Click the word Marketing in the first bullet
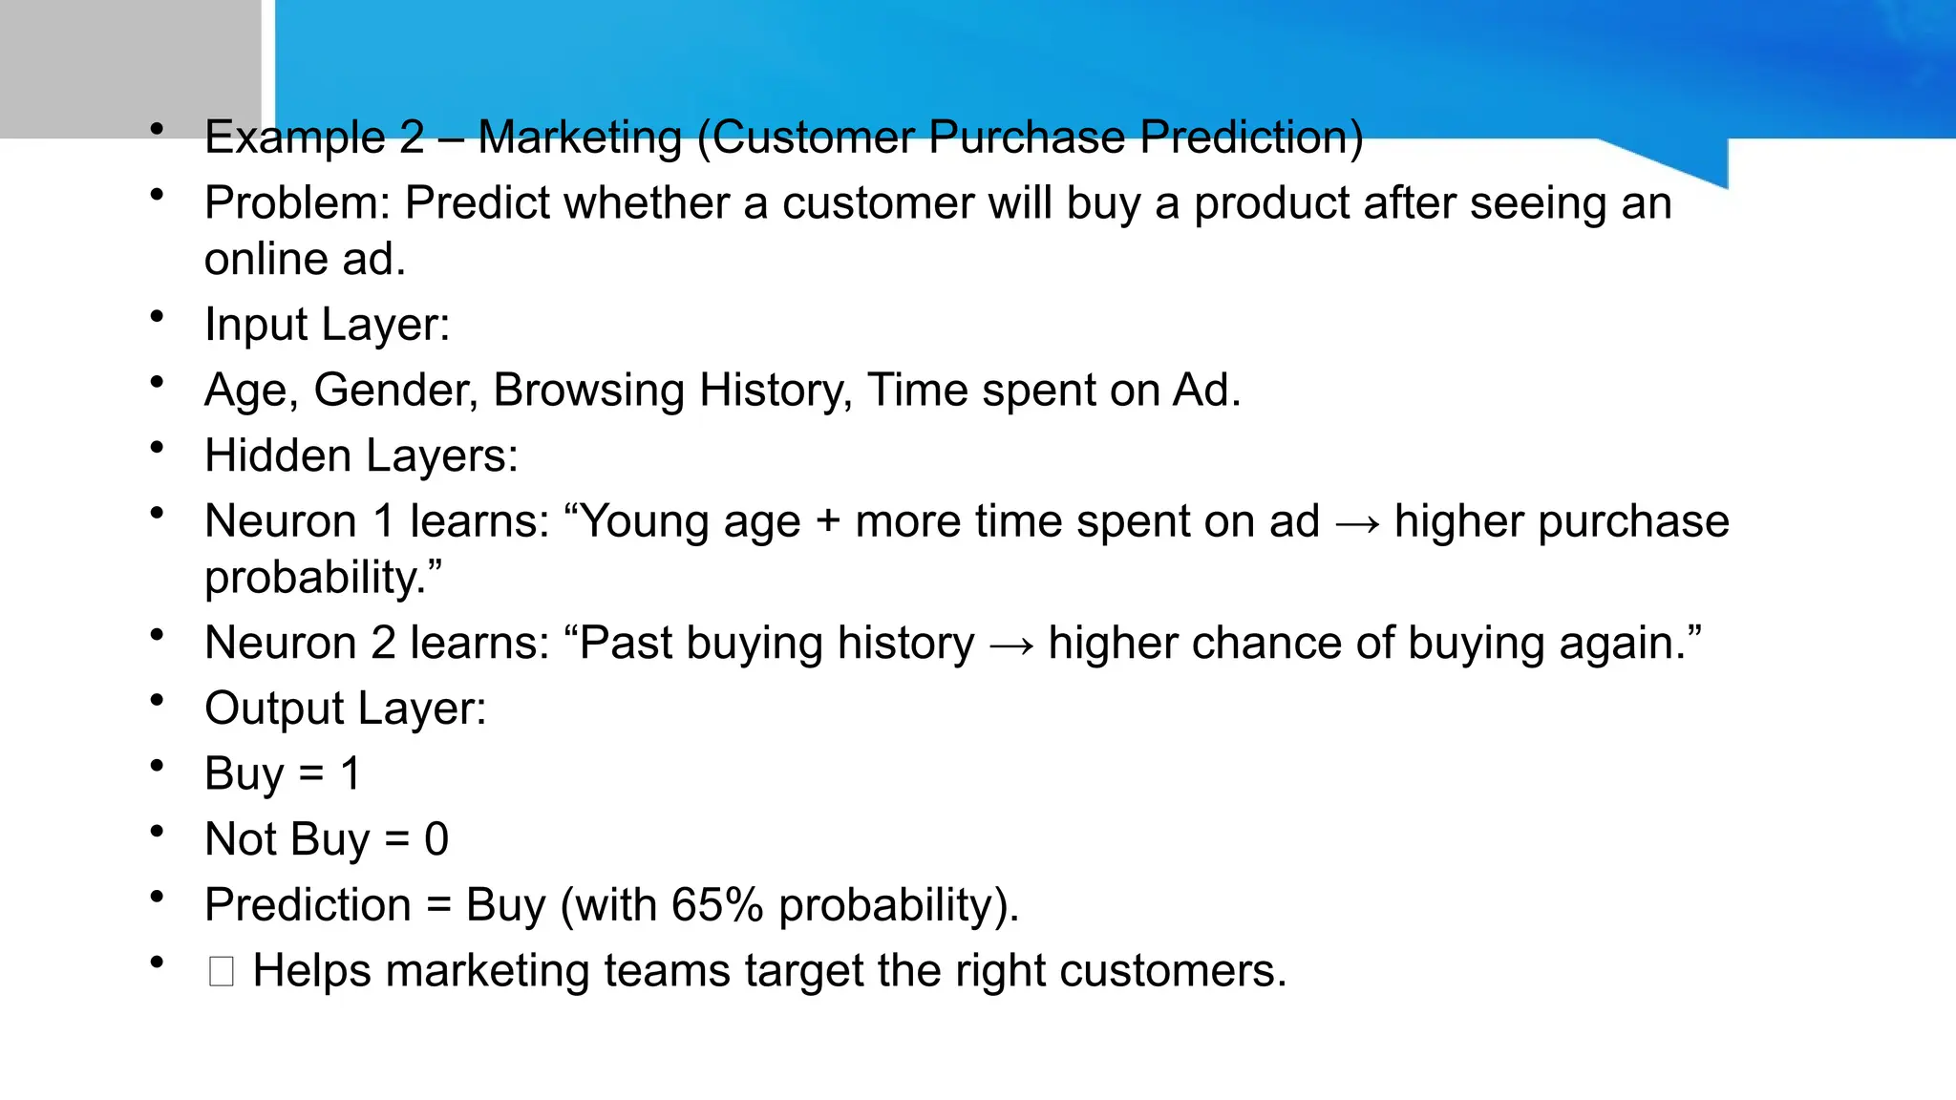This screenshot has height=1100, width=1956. point(579,137)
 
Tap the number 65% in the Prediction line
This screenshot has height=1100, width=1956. point(716,905)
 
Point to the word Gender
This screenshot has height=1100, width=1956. point(395,391)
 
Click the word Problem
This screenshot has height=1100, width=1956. point(297,203)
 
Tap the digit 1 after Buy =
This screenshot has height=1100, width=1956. point(351,773)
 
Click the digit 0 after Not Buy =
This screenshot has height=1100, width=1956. point(436,839)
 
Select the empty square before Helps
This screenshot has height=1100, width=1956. point(221,972)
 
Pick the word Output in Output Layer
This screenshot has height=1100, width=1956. point(274,709)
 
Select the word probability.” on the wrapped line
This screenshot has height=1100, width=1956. point(323,578)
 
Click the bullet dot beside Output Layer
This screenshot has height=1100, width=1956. point(158,701)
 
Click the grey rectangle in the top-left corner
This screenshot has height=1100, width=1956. point(130,67)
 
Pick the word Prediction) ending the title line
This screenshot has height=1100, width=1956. point(1251,137)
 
